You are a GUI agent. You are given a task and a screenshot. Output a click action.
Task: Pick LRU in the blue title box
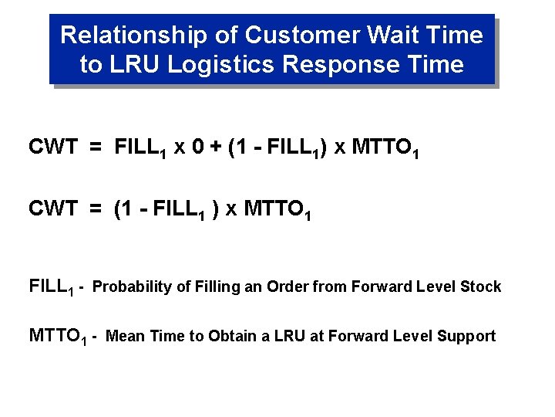pyautogui.click(x=135, y=64)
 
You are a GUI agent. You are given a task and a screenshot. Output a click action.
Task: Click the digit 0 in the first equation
pyautogui.click(x=197, y=147)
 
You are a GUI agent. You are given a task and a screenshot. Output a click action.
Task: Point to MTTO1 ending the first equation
pyautogui.click(x=385, y=147)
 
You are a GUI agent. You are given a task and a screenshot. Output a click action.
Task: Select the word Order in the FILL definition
pyautogui.click(x=283, y=287)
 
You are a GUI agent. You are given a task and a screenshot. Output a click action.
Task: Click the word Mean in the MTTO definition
pyautogui.click(x=123, y=336)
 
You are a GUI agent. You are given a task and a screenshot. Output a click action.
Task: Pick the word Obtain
pyautogui.click(x=209, y=336)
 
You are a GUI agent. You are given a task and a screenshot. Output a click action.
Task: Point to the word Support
pyautogui.click(x=466, y=336)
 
